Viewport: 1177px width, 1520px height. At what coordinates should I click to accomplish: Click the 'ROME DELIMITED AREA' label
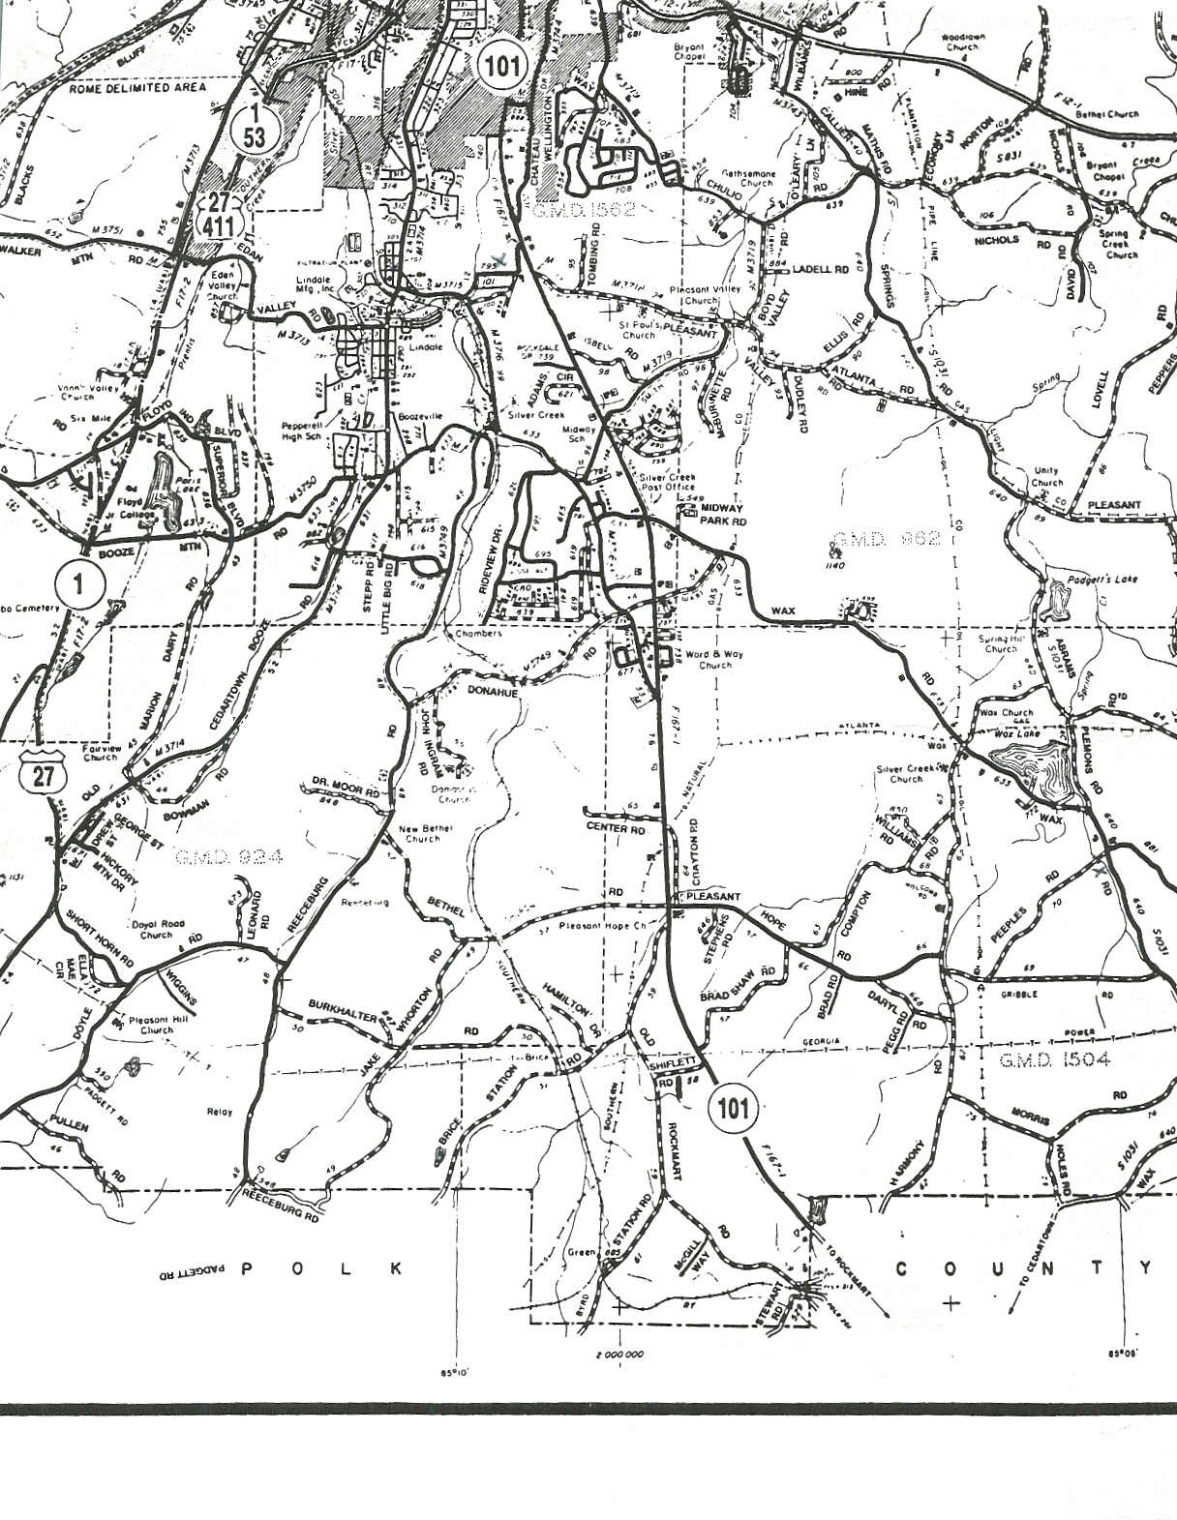(x=137, y=87)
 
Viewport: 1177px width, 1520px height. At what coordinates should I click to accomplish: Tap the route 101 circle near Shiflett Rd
(x=733, y=1109)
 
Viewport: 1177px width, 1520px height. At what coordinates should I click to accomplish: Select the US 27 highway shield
(x=42, y=772)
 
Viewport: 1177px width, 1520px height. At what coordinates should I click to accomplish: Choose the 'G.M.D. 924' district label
(x=229, y=856)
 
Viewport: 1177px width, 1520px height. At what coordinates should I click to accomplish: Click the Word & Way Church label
(x=714, y=659)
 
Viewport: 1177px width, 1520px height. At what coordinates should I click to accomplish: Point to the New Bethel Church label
(x=423, y=834)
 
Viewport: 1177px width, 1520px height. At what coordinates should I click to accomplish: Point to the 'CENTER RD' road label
(x=616, y=829)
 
